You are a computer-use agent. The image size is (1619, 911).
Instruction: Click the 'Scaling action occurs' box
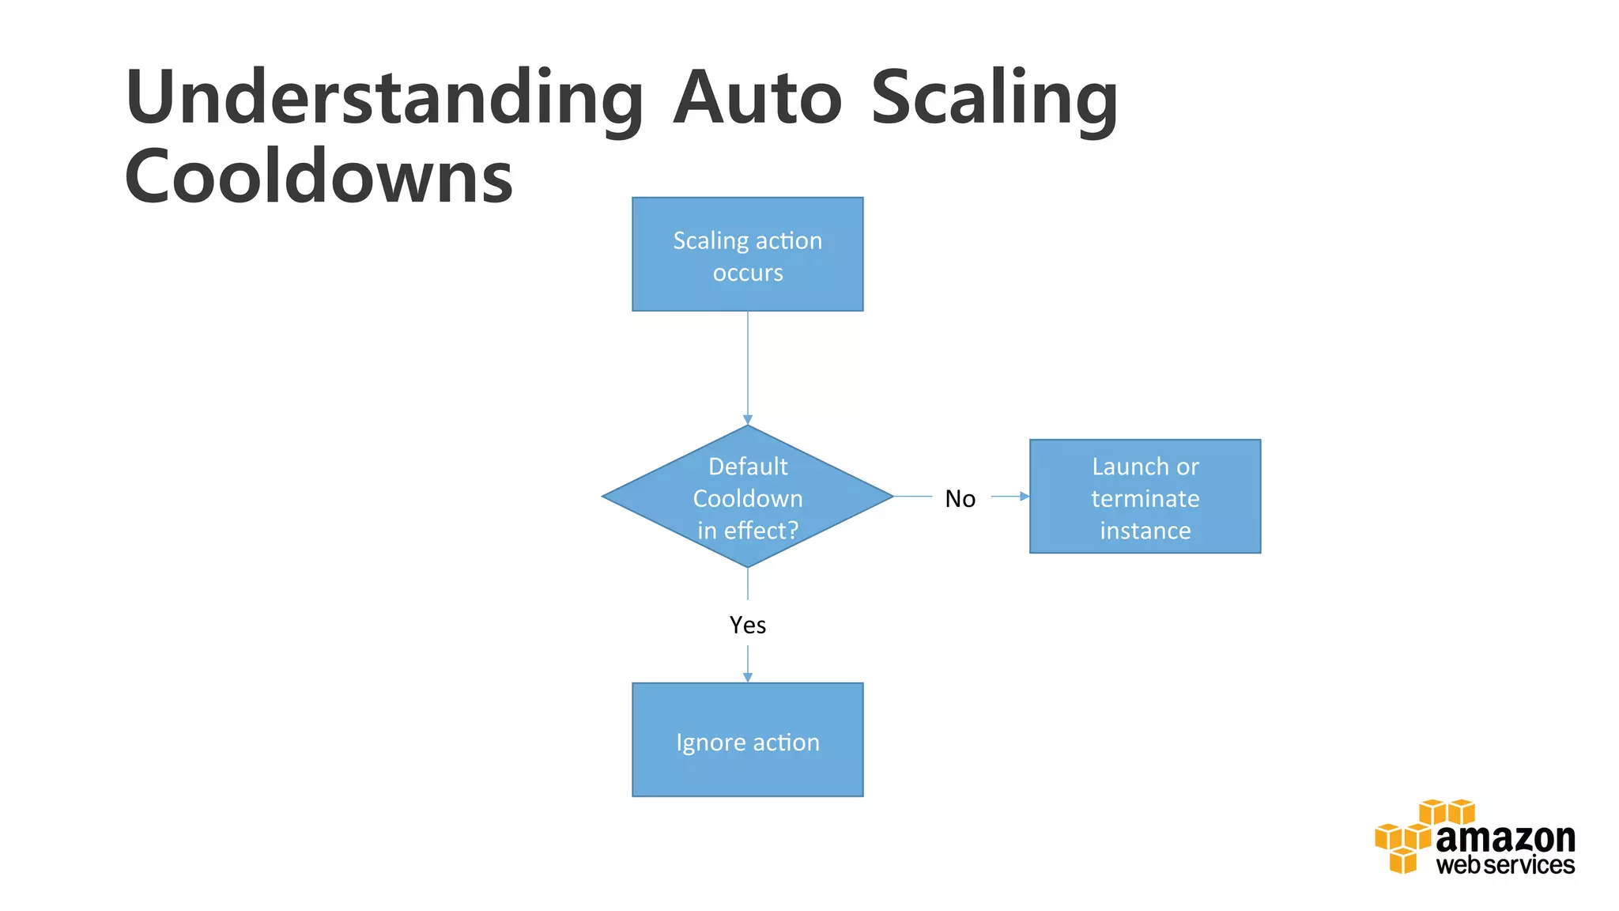pos(747,254)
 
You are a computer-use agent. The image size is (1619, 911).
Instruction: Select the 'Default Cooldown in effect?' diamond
pos(747,497)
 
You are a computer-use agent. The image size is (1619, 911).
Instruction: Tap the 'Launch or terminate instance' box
pos(1145,497)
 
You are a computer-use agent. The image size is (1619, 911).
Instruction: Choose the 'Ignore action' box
pos(747,739)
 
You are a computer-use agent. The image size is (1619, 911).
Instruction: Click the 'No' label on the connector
pos(960,499)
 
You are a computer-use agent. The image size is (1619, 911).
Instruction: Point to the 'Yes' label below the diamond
pos(747,626)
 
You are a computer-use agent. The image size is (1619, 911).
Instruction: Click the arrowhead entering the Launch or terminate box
pos(1025,497)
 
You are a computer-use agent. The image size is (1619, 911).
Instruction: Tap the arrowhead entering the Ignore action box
pos(747,677)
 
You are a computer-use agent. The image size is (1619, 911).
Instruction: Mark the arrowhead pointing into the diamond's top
pos(747,420)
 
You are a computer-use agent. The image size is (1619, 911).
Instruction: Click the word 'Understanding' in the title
pos(384,99)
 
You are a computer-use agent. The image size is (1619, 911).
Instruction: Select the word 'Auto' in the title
pos(757,99)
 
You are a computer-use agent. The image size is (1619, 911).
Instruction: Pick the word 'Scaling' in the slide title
pos(994,99)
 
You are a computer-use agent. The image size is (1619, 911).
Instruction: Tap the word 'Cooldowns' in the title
pos(319,176)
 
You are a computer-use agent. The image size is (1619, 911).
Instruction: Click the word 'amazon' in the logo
pos(1504,838)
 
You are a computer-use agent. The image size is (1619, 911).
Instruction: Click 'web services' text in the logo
pos(1504,865)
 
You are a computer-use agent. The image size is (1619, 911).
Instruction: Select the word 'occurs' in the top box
pos(747,273)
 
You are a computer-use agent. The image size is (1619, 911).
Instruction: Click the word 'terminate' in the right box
pos(1145,499)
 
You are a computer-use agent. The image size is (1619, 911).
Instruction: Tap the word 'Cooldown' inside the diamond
pos(747,499)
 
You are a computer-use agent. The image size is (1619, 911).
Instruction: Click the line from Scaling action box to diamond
pos(747,364)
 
